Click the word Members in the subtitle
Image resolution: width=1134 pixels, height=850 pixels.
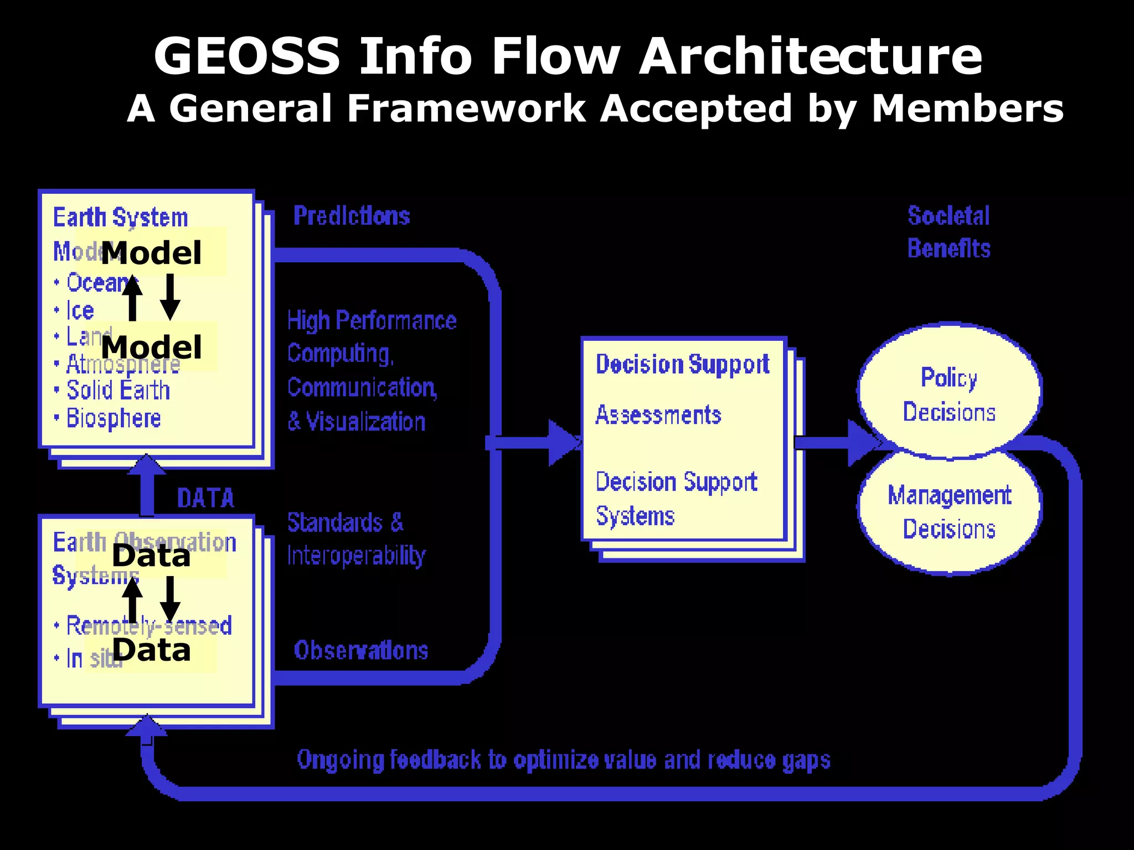[x=967, y=108]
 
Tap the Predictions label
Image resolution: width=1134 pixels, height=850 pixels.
[x=352, y=216]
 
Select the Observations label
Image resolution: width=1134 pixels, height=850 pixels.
[x=361, y=650]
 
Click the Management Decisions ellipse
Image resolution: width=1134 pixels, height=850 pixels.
[x=949, y=512]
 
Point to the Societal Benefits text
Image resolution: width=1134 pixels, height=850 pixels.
[x=949, y=232]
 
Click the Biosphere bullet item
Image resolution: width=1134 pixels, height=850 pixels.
[x=113, y=418]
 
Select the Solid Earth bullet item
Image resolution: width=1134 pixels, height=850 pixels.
[x=118, y=390]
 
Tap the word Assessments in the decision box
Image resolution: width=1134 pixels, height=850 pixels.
[x=658, y=415]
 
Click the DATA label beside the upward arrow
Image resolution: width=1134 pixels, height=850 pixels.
[x=206, y=498]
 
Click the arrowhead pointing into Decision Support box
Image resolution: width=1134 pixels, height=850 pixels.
[x=564, y=443]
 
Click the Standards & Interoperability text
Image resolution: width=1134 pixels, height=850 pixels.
[x=355, y=538]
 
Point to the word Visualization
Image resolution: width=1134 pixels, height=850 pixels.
[x=365, y=422]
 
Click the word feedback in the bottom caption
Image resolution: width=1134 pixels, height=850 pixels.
[x=435, y=760]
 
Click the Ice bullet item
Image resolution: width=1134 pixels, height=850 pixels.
[x=80, y=310]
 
